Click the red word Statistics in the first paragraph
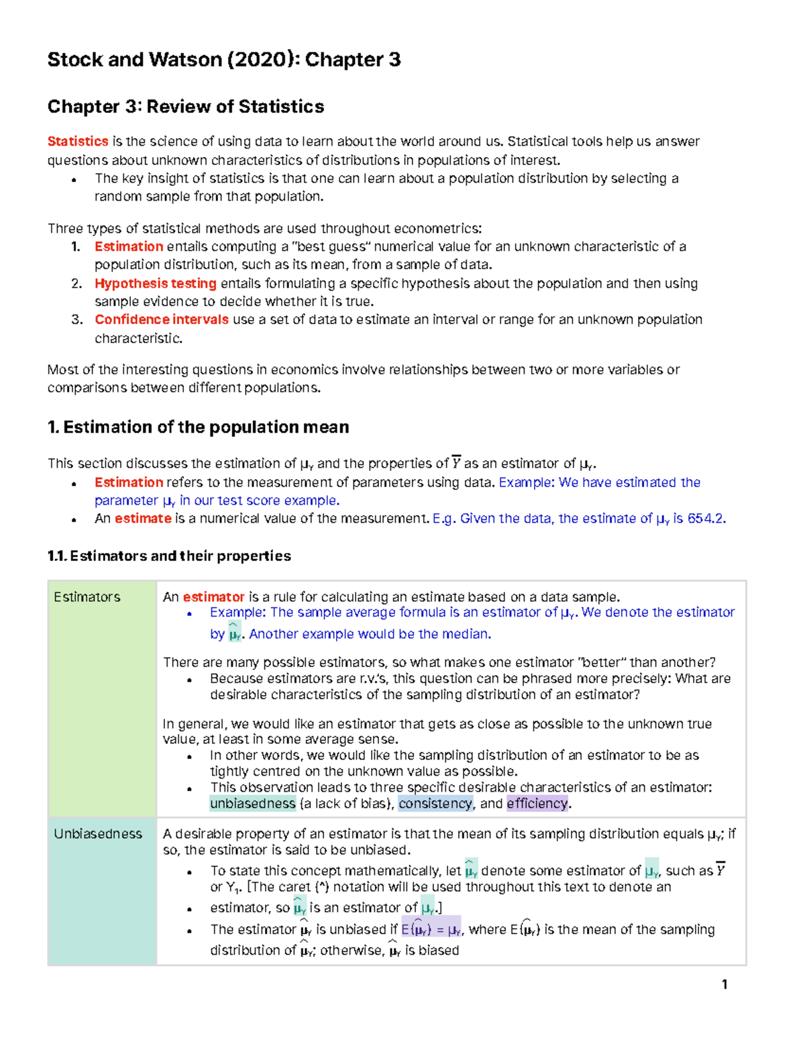click(x=78, y=142)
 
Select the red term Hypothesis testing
click(x=155, y=283)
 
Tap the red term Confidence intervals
click(x=161, y=319)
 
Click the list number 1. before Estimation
click(x=76, y=247)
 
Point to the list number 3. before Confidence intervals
click(x=76, y=319)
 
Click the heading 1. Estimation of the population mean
click(x=198, y=427)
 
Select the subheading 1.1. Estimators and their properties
click(x=169, y=556)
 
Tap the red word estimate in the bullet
click(x=143, y=519)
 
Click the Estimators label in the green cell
click(x=87, y=597)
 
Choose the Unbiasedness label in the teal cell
click(x=98, y=834)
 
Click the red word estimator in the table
click(x=213, y=597)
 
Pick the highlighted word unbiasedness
click(x=252, y=804)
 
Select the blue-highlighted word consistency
click(x=435, y=804)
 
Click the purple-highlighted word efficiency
click(x=537, y=804)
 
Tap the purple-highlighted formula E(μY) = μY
click(x=431, y=930)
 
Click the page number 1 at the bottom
click(x=724, y=984)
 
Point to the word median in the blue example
click(x=469, y=634)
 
